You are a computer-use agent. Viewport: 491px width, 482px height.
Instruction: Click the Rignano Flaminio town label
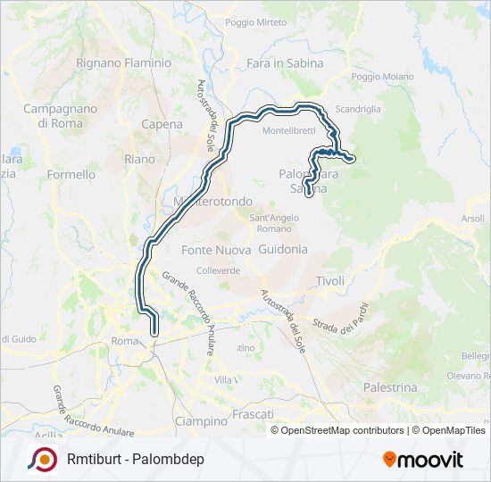coord(123,63)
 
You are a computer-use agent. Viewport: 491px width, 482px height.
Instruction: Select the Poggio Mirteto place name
coord(256,22)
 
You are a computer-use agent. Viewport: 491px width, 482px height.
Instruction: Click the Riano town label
coord(139,159)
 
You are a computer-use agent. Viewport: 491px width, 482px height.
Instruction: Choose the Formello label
coord(71,175)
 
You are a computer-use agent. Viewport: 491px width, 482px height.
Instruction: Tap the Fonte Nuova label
coord(215,250)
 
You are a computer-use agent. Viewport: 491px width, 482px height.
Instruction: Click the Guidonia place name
coord(282,250)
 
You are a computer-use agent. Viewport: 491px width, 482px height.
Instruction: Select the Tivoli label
coord(329,281)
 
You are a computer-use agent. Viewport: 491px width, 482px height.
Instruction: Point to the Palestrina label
coord(390,387)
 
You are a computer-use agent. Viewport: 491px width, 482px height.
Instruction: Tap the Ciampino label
coord(201,421)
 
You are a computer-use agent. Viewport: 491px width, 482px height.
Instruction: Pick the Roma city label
coord(124,341)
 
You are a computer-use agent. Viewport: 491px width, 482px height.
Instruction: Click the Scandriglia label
coord(358,109)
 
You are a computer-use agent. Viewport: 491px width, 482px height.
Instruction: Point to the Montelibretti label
coord(289,130)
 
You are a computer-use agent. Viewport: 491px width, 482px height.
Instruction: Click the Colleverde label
coord(218,269)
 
